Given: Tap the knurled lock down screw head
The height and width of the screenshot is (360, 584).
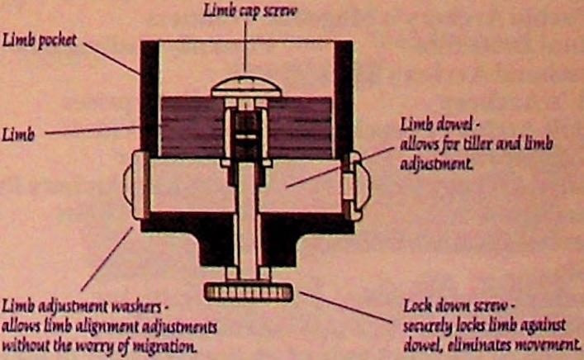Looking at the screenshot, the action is point(246,291).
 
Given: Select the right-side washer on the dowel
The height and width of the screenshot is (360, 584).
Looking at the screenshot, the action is point(357,180).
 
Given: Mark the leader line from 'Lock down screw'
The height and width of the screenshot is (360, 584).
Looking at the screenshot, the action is point(346,306).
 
